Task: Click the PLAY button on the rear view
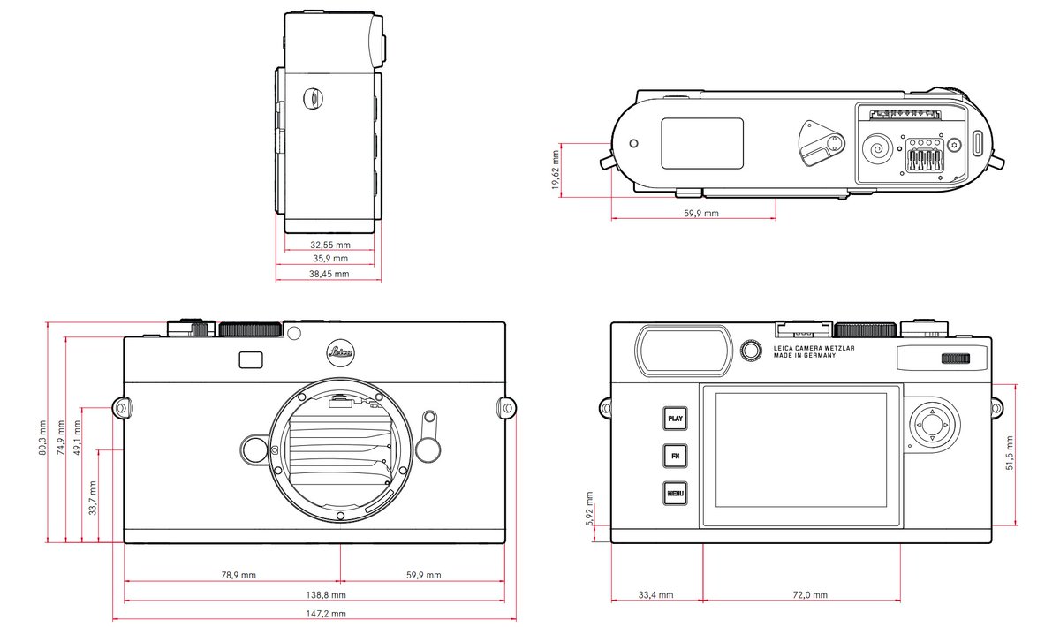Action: click(x=676, y=419)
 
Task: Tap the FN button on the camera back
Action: click(x=676, y=456)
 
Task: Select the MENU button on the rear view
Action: click(x=676, y=493)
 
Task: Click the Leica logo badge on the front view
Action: click(x=341, y=351)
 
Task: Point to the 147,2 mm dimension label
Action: click(x=326, y=613)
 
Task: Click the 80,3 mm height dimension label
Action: click(x=42, y=437)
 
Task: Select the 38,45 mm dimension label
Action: click(x=329, y=274)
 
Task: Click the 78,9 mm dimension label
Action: click(x=238, y=575)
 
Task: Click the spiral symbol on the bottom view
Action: click(x=876, y=148)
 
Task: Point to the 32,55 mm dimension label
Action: click(x=329, y=244)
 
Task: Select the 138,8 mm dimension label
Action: click(x=326, y=595)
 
